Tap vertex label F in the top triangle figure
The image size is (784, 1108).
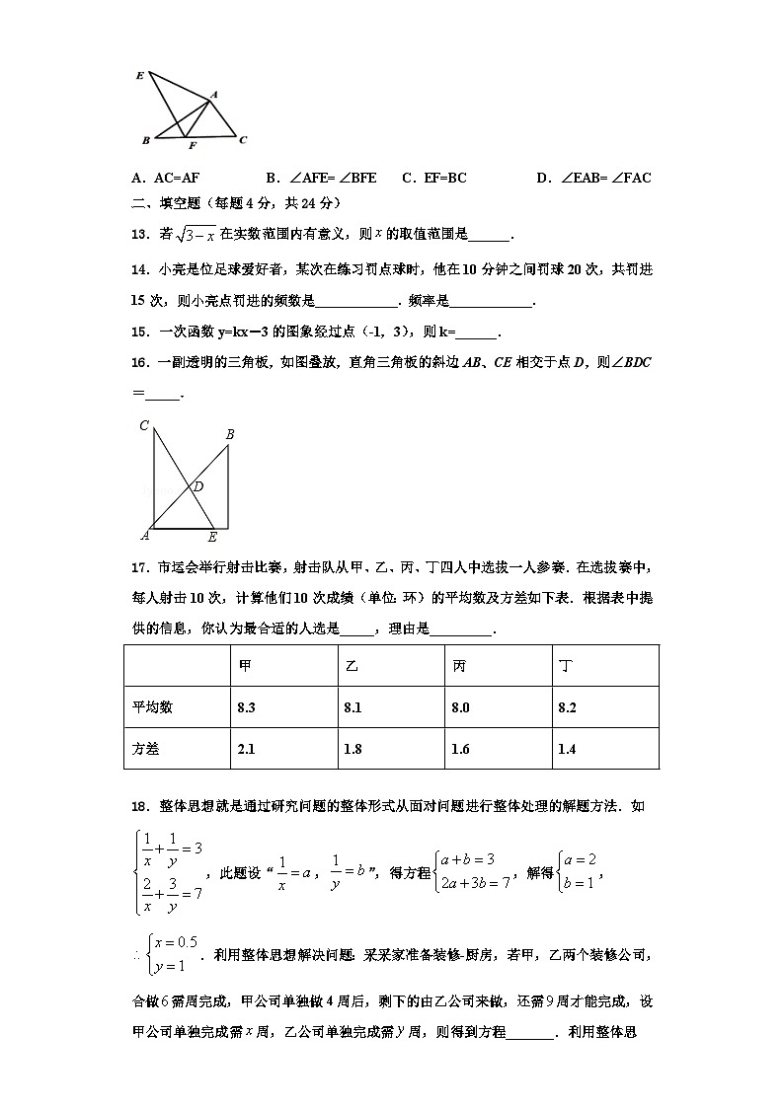click(193, 146)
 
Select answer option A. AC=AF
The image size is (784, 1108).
click(166, 179)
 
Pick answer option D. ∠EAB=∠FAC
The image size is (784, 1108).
click(593, 179)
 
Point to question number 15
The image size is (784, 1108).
click(139, 332)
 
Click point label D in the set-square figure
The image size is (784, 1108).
click(198, 485)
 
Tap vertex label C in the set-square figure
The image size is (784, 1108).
click(144, 426)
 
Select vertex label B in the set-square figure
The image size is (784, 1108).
click(230, 434)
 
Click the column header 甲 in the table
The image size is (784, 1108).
click(245, 666)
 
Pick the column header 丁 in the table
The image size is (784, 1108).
click(565, 666)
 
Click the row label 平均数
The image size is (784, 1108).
click(153, 707)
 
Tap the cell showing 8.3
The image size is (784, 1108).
click(248, 707)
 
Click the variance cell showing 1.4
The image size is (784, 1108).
click(567, 749)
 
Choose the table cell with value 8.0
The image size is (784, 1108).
click(460, 707)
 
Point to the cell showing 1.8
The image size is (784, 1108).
click(353, 749)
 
